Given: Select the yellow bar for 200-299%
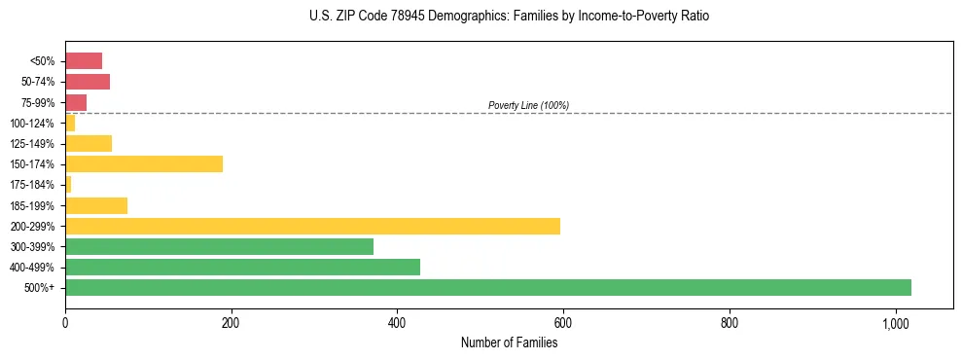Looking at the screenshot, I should click(312, 226).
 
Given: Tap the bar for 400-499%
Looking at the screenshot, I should click(242, 267).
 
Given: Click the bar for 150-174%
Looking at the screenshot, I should click(144, 163).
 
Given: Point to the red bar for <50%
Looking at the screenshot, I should click(84, 60).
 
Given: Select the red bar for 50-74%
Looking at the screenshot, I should click(88, 82).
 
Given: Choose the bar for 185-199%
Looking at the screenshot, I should click(96, 205).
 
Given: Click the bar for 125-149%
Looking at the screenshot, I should click(89, 143).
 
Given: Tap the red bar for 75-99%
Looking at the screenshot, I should click(76, 102).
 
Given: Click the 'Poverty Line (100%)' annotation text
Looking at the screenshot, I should click(528, 105).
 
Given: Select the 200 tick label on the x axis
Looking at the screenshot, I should click(231, 323).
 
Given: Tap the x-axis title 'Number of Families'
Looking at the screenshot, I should click(509, 342).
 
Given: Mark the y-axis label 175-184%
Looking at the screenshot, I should click(32, 185).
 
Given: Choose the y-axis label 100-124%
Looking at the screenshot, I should click(32, 123).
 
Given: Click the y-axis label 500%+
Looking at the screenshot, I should click(41, 288).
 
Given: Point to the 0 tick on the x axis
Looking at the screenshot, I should click(65, 323).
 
